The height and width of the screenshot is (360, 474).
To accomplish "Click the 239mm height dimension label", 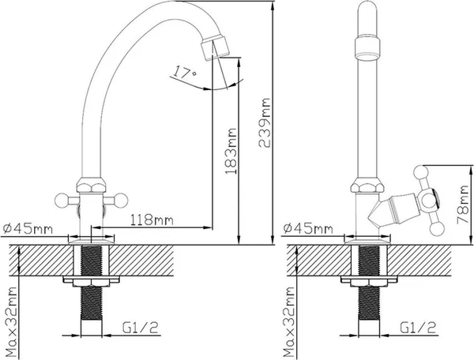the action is point(264,122).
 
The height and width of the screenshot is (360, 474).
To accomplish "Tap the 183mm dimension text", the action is point(231,152).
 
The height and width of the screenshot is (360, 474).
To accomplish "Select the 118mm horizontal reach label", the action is point(152,219).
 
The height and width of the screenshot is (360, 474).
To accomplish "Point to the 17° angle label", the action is point(185,72).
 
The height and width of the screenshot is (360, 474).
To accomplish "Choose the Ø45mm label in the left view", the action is point(28,229).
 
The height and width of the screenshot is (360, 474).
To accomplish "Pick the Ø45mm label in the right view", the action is point(308,228).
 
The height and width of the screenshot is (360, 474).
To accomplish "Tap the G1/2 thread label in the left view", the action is point(141,328).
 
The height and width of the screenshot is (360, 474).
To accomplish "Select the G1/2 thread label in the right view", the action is point(419,328).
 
